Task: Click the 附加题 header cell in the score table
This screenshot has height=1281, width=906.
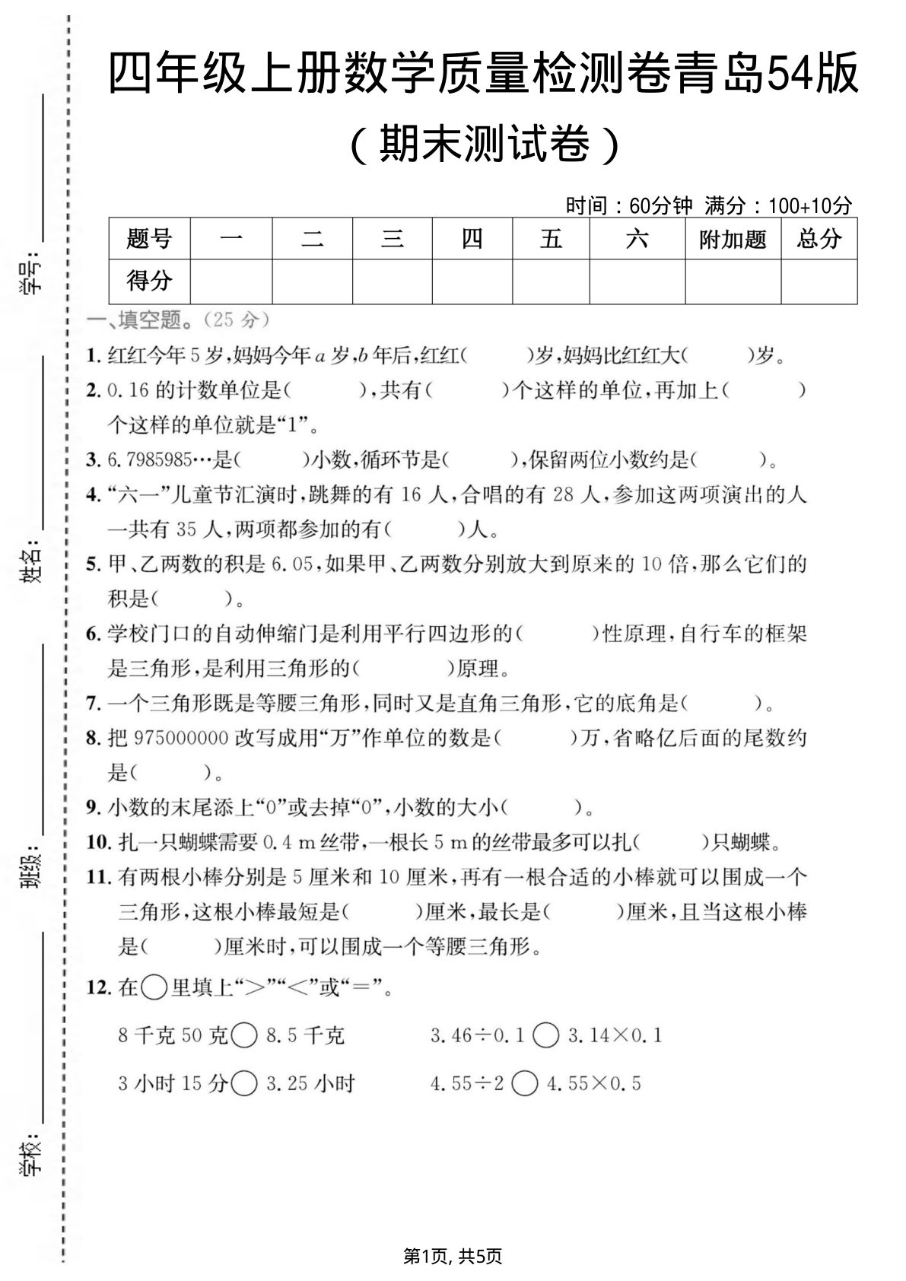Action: [733, 240]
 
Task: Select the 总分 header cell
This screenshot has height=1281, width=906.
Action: [819, 240]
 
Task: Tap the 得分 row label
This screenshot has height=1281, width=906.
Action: [149, 281]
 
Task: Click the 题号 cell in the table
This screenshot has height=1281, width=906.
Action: [149, 240]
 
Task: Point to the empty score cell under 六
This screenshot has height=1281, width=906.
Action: [637, 281]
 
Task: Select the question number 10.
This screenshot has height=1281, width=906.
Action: [99, 842]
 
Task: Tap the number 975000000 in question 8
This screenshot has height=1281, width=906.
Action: [180, 738]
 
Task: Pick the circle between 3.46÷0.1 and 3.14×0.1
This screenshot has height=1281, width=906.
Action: [546, 1035]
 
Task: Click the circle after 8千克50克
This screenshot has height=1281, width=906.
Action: [244, 1035]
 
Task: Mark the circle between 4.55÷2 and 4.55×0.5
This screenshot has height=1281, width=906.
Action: [525, 1083]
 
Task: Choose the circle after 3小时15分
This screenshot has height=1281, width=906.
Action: [244, 1083]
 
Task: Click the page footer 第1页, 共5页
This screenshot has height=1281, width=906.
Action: [453, 1256]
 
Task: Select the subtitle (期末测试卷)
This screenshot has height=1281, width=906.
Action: [484, 143]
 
